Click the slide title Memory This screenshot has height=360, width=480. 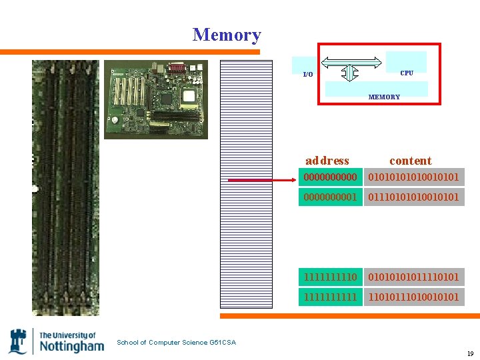point(227,35)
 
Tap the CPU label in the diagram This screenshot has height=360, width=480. point(406,73)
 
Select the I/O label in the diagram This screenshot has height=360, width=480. point(307,74)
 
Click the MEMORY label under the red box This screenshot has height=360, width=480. point(384,97)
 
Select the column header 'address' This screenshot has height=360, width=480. point(327,161)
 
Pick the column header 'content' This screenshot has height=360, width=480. point(410,161)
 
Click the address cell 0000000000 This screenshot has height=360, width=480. point(330,177)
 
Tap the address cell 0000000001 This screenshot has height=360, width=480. point(330,197)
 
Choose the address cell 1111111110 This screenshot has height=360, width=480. point(330,277)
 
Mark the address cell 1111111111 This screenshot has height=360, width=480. point(330,297)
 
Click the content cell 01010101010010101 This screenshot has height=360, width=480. point(413,177)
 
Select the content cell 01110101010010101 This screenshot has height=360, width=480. point(413,197)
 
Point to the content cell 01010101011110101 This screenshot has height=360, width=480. point(413,277)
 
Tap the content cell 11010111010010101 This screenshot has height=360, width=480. point(413,297)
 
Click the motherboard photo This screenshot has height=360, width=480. point(156,99)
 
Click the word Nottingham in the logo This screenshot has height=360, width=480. point(72,346)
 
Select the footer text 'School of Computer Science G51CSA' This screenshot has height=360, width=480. point(176,343)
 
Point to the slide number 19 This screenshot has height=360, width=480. point(470,353)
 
